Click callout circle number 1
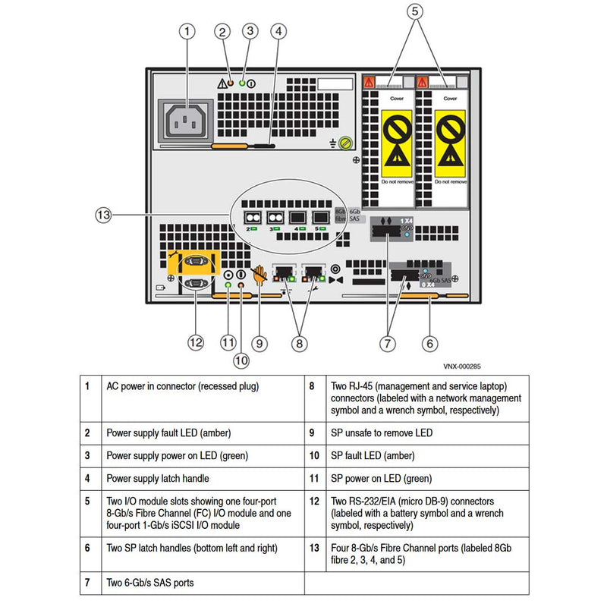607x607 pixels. (188, 32)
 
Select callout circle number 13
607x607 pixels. (104, 215)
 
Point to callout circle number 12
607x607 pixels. (197, 343)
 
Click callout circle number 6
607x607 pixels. (430, 343)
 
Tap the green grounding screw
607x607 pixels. (344, 142)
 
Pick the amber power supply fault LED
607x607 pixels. (231, 81)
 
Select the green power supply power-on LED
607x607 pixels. (242, 81)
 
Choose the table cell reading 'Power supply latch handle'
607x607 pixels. (157, 479)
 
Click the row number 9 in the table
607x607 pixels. (312, 432)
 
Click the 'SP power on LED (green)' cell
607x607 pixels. (382, 479)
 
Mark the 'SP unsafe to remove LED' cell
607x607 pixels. (382, 432)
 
